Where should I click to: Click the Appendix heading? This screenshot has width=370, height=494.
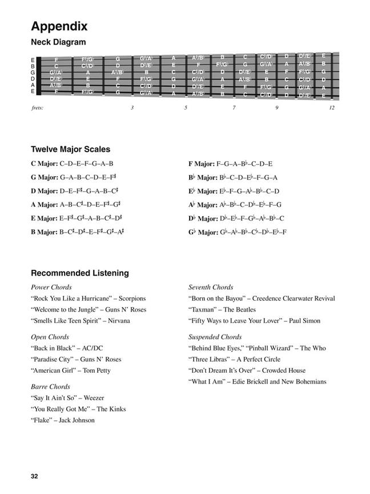pos(59,26)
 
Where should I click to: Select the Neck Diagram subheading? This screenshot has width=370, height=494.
pos(58,42)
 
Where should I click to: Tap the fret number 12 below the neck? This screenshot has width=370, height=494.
pos(331,108)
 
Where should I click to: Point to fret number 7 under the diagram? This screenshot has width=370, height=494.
pos(234,108)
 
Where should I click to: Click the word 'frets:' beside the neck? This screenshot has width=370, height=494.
pos(38,108)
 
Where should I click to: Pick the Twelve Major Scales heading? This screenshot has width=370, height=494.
pos(71,150)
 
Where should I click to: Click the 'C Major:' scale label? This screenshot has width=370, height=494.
pos(45,164)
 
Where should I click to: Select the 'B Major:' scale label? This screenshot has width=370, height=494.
pos(45,232)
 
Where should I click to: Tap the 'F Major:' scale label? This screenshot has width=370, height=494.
pos(202,164)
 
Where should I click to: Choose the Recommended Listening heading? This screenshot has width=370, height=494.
pos(79,273)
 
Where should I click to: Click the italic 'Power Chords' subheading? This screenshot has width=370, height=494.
pos(51,287)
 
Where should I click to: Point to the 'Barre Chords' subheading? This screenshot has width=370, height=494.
pos(50,387)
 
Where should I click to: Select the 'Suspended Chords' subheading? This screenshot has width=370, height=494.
pos(215,337)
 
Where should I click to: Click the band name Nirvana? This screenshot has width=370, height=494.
pos(118,321)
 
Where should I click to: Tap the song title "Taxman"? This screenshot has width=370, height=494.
pos(202,309)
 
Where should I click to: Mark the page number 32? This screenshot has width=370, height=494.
pos(35,476)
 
